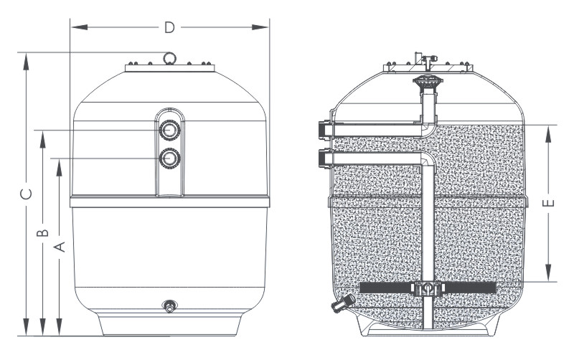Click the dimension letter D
pyautogui.click(x=169, y=28)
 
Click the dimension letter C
pyautogui.click(x=26, y=194)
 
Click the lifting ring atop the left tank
pyautogui.click(x=169, y=57)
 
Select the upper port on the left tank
pyautogui.click(x=170, y=131)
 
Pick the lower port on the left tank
pyautogui.click(x=170, y=158)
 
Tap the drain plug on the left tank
pyautogui.click(x=170, y=307)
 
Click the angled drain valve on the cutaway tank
pyautogui.click(x=338, y=304)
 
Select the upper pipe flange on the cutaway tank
pyautogui.click(x=321, y=129)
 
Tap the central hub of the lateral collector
pyautogui.click(x=428, y=288)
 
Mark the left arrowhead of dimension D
pyautogui.click(x=75, y=28)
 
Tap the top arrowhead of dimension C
pyautogui.click(x=26, y=57)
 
